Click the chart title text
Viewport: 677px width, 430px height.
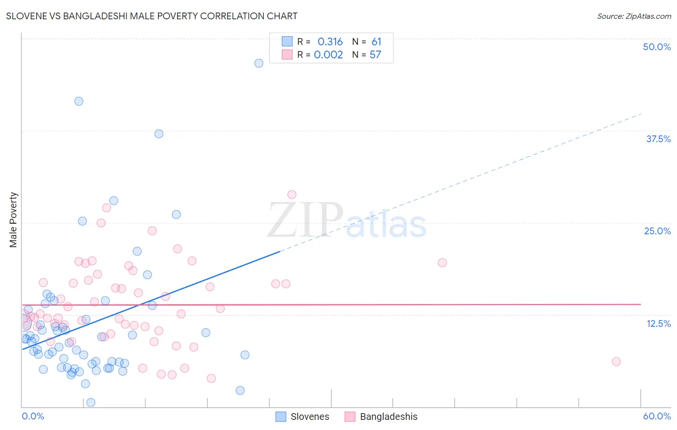[x=152, y=16]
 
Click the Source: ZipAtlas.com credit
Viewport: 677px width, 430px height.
[x=634, y=16]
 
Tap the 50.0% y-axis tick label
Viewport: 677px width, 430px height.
[x=657, y=47]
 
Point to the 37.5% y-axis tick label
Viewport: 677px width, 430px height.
[x=658, y=139]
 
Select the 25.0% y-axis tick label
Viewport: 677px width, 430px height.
[x=657, y=231]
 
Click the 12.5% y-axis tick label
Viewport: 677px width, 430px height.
[x=658, y=323]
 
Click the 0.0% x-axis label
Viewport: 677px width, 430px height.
[x=33, y=416]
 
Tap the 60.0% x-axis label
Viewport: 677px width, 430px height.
[x=657, y=416]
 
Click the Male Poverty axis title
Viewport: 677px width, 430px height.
[x=13, y=220]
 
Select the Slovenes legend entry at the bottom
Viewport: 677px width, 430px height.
[x=302, y=417]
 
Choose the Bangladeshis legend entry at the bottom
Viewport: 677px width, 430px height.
[x=381, y=417]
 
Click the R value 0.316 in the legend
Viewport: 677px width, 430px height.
[x=330, y=42]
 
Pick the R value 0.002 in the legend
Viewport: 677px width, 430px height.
[x=328, y=55]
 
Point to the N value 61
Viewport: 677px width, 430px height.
[x=376, y=42]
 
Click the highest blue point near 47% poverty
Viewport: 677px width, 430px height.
[x=259, y=63]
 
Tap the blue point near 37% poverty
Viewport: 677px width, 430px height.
[x=159, y=134]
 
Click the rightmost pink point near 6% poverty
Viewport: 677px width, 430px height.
[x=616, y=362]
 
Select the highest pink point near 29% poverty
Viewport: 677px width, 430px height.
[x=292, y=195]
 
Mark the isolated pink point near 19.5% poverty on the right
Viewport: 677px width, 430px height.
[x=442, y=263]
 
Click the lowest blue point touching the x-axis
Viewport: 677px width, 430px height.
[x=91, y=403]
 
